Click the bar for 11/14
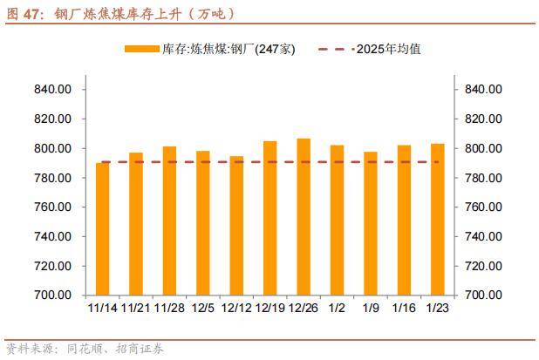103,228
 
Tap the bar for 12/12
236,225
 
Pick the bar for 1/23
438,219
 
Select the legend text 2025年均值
388,49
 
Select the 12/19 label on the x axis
269,307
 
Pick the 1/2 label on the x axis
337,307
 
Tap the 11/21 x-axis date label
136,307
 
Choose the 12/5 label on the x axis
203,307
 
